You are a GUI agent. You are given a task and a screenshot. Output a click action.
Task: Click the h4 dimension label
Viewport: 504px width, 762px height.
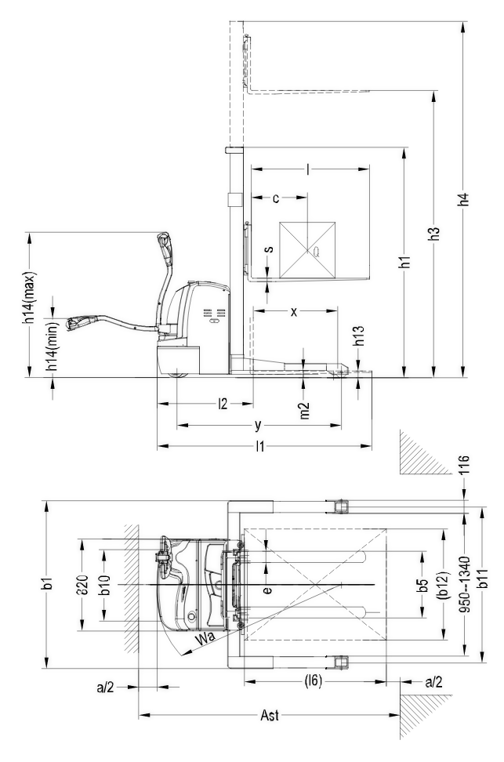pyautogui.click(x=464, y=199)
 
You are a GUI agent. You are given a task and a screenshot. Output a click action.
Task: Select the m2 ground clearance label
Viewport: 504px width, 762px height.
pyautogui.click(x=305, y=409)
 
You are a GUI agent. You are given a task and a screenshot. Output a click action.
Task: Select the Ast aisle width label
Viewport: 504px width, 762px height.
pyautogui.click(x=267, y=715)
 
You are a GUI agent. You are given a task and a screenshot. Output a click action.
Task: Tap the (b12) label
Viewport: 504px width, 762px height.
pyautogui.click(x=444, y=581)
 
